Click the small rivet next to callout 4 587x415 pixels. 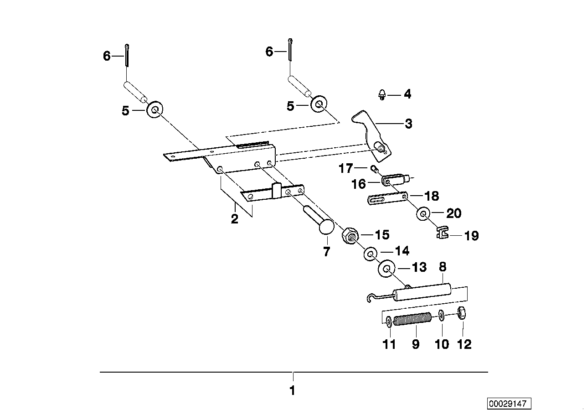pos(382,95)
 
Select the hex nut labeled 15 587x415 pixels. pos(350,236)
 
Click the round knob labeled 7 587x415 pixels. pos(326,227)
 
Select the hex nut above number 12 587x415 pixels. pos(461,314)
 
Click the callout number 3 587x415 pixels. pos(408,124)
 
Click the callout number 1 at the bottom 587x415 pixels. pos(293,391)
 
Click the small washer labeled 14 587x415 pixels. pos(369,253)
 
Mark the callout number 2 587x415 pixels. pos(234,219)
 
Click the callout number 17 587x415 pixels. pos(346,169)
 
